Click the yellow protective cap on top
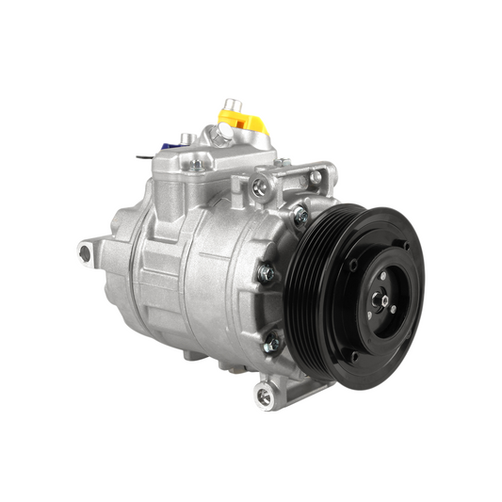[x=244, y=121]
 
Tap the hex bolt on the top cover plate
[x=196, y=165]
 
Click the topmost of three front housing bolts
[x=300, y=216]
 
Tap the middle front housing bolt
[x=267, y=273]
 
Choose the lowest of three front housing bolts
[x=272, y=344]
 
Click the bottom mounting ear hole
[x=264, y=397]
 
